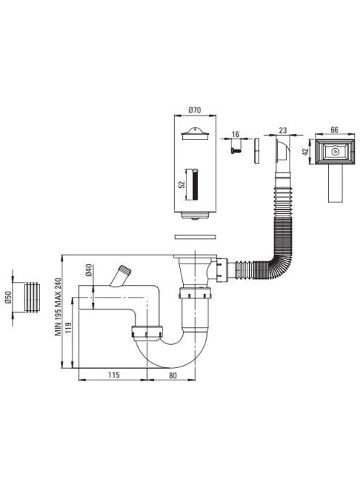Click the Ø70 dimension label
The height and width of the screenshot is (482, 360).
[x=195, y=110]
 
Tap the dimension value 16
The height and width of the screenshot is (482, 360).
[x=235, y=134]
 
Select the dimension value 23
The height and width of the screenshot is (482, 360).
[x=282, y=130]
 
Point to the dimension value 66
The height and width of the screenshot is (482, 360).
[x=334, y=130]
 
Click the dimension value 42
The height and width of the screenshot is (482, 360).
[x=306, y=152]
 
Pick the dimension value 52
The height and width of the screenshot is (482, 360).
[x=181, y=184]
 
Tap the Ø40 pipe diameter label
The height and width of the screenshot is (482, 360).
[x=89, y=269]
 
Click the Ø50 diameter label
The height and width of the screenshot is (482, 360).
[x=8, y=297]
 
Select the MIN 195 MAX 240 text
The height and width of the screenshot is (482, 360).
[x=58, y=306]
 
